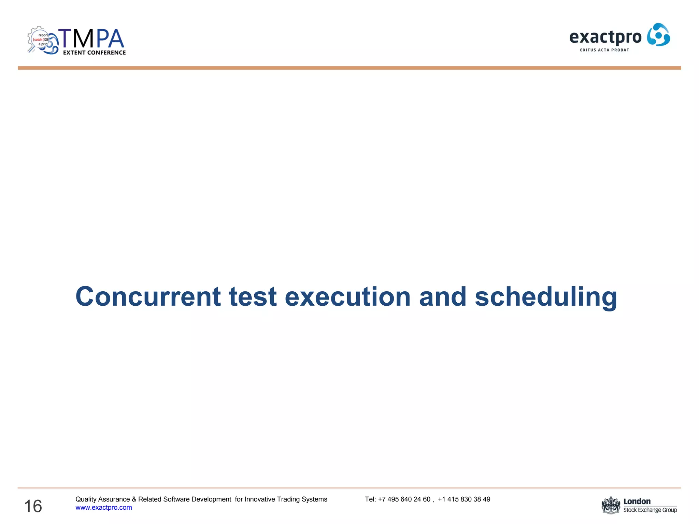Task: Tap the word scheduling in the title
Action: point(546,297)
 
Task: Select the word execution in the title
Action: point(347,297)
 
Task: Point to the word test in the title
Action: point(253,297)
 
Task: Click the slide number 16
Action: point(33,506)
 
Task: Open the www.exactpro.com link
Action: point(103,508)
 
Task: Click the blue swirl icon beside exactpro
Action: point(658,35)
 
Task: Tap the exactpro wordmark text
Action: point(605,37)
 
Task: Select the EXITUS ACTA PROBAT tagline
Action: point(604,50)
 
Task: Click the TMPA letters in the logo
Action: point(91,39)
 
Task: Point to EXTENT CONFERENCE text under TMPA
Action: point(94,53)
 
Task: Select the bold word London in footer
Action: point(637,501)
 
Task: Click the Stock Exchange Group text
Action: point(650,510)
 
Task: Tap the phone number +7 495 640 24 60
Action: point(404,499)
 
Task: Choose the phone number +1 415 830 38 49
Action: point(464,499)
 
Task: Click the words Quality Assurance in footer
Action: point(102,499)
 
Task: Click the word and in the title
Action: point(442,297)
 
